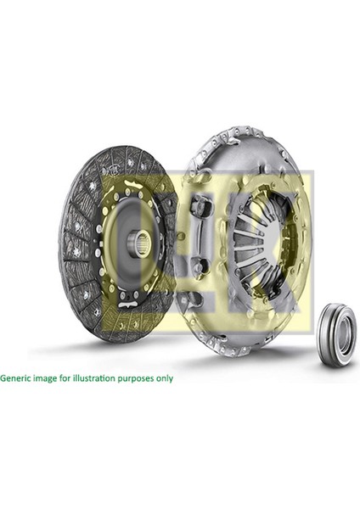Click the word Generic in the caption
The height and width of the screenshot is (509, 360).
tap(18, 378)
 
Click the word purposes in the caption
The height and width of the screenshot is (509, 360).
tap(134, 378)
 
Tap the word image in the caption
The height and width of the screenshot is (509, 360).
tap(47, 378)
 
